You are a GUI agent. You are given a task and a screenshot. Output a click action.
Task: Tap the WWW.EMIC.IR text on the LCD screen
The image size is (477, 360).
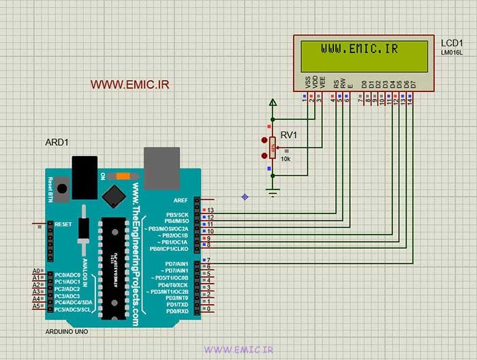coord(360,49)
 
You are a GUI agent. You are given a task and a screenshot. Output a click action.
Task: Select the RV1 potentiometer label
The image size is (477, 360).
coord(289,134)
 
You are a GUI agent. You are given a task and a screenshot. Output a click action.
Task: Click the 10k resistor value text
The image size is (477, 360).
coord(286,159)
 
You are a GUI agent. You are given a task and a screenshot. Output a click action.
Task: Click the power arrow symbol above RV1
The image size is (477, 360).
coord(273,104)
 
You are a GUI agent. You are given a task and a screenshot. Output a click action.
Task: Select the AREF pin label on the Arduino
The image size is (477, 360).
coord(181,200)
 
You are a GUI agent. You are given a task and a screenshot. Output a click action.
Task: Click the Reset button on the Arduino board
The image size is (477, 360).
coord(62,189)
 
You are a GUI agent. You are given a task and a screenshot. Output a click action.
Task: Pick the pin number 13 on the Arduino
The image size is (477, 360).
coord(211,210)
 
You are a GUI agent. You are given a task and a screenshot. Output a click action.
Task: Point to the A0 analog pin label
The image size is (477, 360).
coord(36,271)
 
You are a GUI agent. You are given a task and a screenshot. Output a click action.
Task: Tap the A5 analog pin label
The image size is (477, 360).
coord(36,306)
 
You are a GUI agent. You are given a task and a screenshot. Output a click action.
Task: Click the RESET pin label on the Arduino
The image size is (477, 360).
coord(63,224)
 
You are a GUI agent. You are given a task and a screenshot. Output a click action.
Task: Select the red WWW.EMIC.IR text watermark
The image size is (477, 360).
coord(129,85)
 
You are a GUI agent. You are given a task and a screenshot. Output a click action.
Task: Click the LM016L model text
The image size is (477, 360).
coord(451,52)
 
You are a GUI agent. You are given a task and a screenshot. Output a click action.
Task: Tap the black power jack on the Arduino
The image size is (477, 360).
coord(84,177)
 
